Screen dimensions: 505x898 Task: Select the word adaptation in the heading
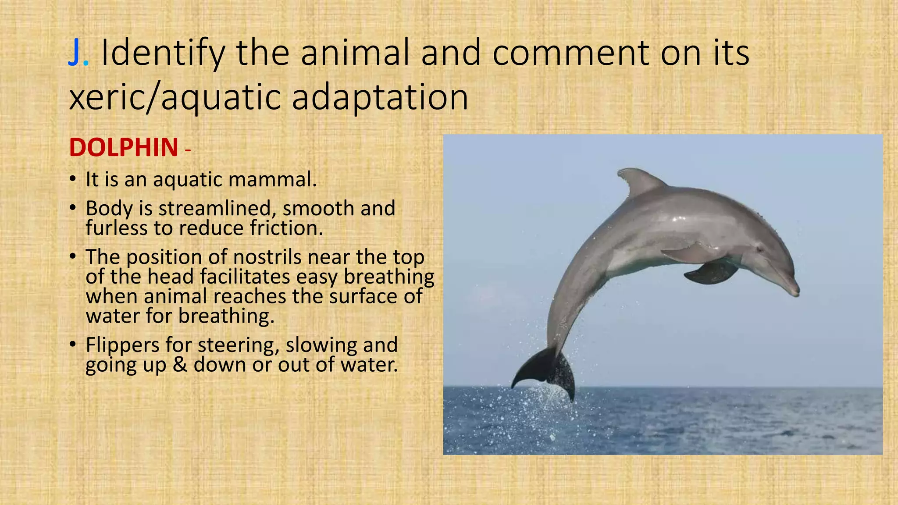(380, 97)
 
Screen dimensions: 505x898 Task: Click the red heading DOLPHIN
(124, 147)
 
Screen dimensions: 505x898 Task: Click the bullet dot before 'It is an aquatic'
(73, 179)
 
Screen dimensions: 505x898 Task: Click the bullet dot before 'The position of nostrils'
(73, 257)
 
